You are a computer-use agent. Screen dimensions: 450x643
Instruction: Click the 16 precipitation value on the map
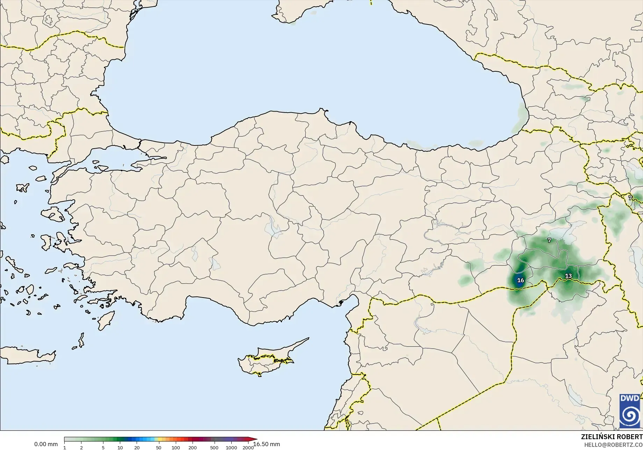coord(520,280)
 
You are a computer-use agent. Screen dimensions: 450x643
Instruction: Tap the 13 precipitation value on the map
coord(569,276)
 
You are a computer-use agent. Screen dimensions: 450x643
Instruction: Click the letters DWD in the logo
coord(629,398)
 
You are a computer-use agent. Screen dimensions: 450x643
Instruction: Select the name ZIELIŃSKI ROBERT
coord(612,437)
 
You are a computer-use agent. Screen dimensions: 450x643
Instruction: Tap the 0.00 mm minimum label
coord(46,444)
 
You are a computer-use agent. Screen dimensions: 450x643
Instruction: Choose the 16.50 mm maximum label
coord(267,444)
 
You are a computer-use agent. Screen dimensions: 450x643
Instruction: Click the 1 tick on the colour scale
coord(65,448)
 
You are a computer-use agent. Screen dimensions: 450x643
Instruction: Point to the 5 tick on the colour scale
coord(103,448)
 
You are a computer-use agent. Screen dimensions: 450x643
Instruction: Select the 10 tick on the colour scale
coord(120,448)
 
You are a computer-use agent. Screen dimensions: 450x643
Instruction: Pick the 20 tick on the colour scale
coord(137,448)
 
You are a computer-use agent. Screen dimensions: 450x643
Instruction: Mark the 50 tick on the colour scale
coord(159,448)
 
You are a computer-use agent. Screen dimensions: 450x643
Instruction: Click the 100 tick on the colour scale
coord(176,448)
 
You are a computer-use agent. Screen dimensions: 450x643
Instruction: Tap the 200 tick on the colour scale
coord(193,448)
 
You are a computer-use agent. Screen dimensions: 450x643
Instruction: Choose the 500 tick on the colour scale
coord(214,448)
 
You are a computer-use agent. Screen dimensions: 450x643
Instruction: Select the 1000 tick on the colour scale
coord(231,448)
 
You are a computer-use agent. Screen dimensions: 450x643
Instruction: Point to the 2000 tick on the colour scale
coord(248,448)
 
